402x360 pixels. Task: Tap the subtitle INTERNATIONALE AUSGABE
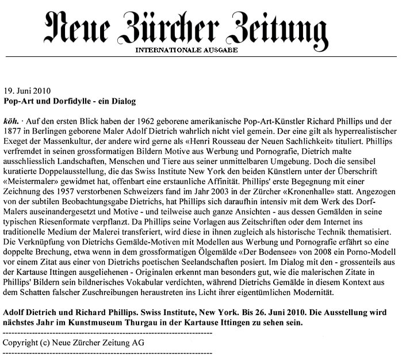[186, 50]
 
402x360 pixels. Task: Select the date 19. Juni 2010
[27, 91]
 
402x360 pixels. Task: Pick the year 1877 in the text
[14, 133]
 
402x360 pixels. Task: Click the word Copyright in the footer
[21, 343]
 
